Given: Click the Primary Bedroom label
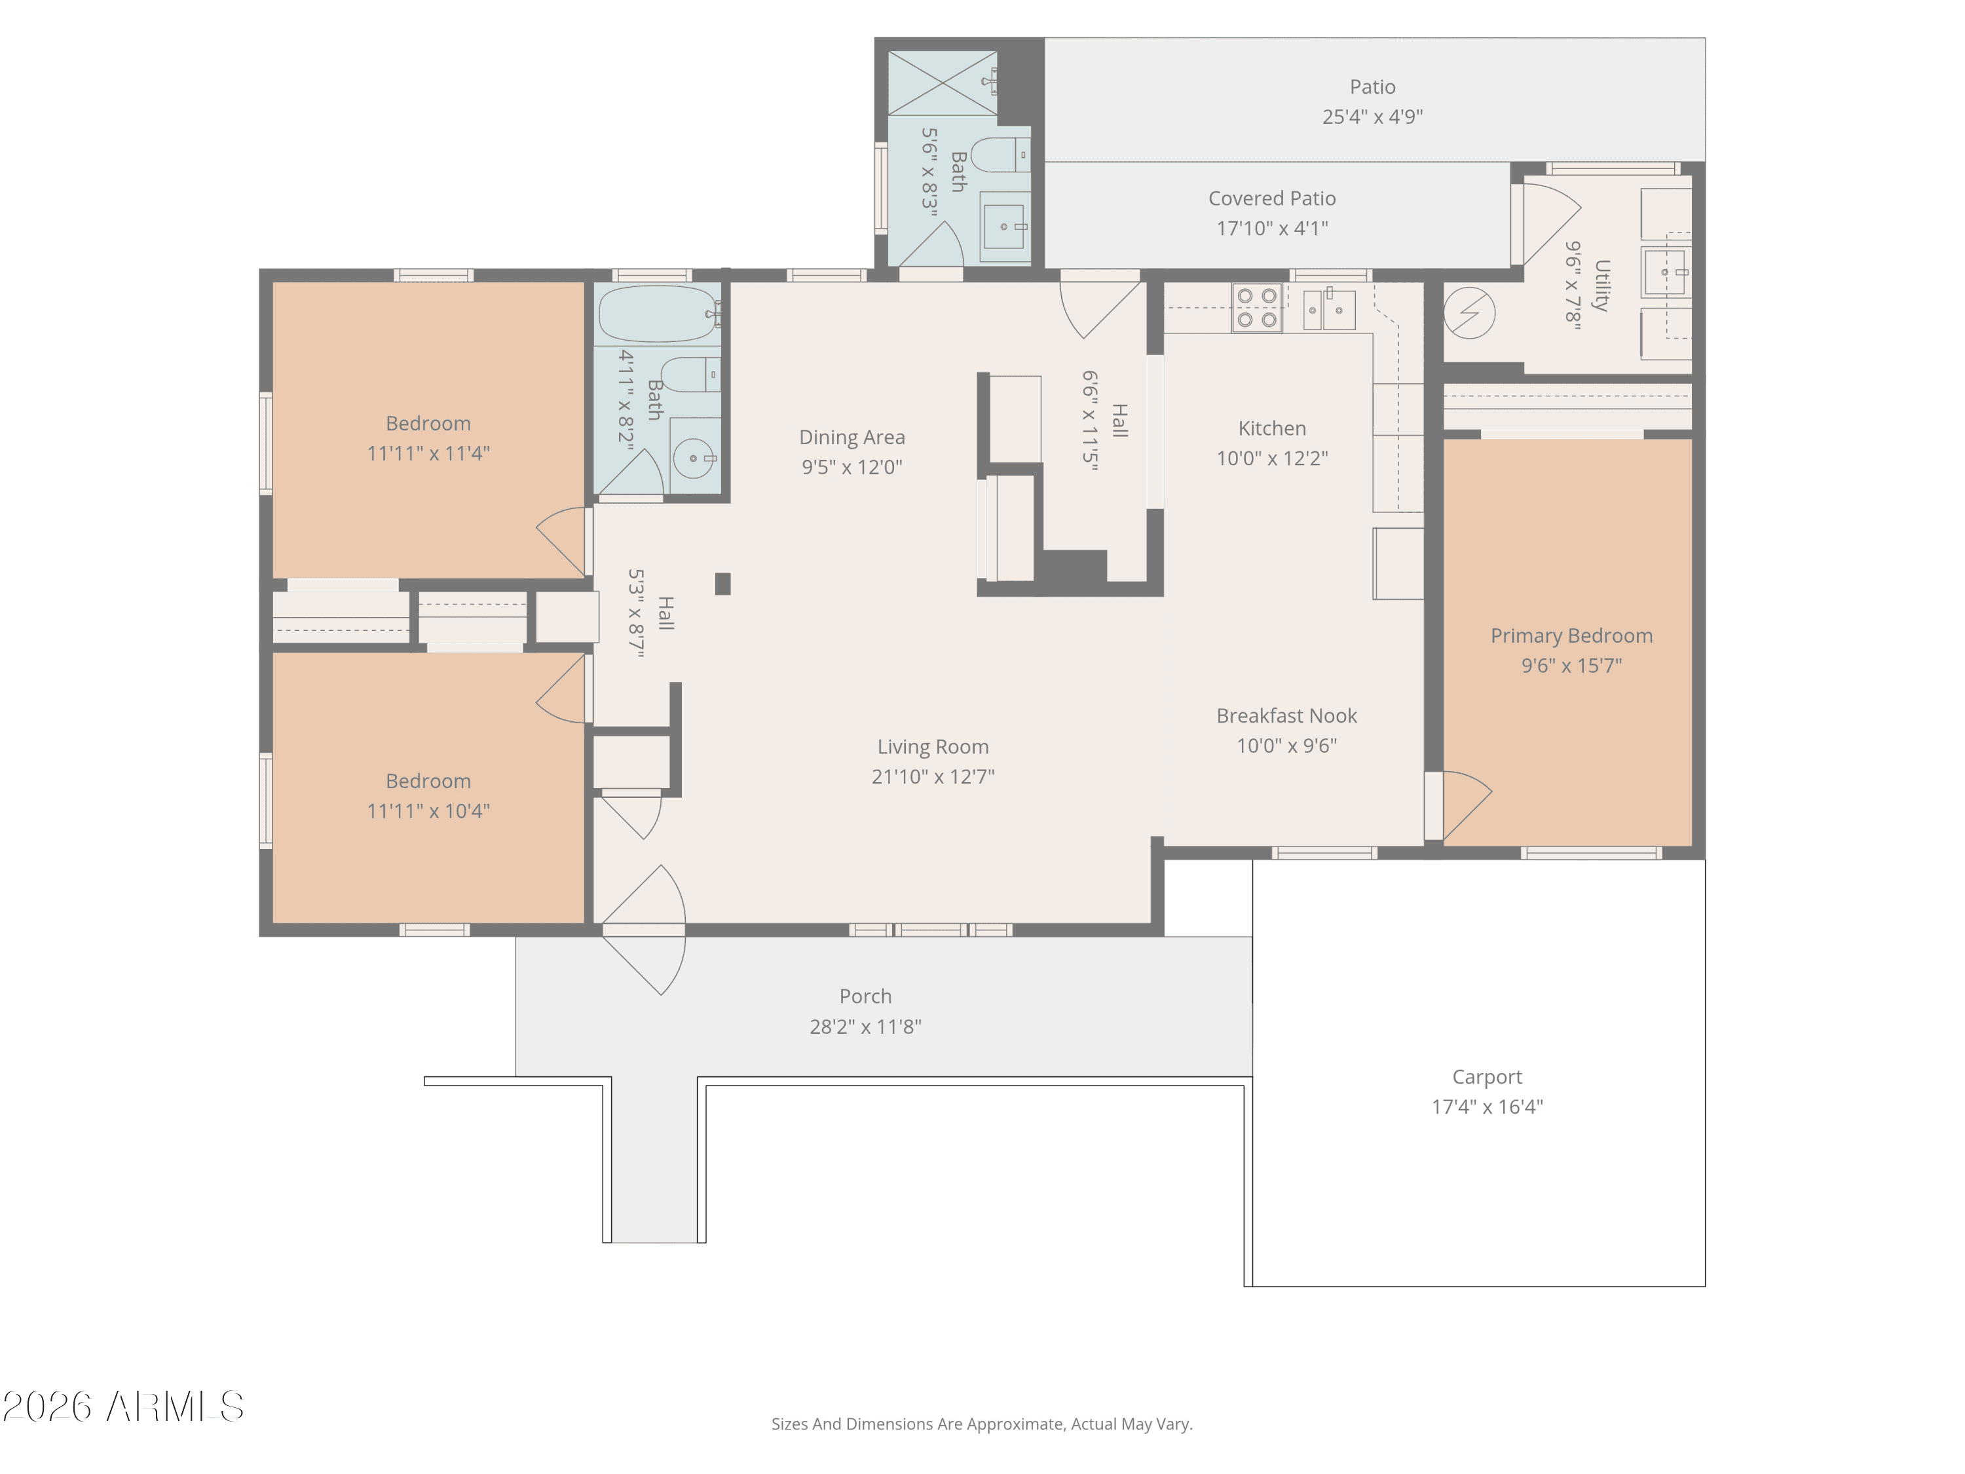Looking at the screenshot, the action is pyautogui.click(x=1571, y=635).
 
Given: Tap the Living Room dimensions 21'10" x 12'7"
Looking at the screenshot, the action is pyautogui.click(x=933, y=776).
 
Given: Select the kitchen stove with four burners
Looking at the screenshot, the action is pyautogui.click(x=1256, y=307).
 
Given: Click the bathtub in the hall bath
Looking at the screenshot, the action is pyautogui.click(x=658, y=314).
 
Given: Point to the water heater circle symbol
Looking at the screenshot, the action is pyautogui.click(x=1469, y=312).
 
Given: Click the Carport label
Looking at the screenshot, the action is pyautogui.click(x=1487, y=1077).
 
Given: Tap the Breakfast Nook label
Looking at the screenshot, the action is pyautogui.click(x=1286, y=715).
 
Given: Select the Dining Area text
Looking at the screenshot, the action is pyautogui.click(x=852, y=437).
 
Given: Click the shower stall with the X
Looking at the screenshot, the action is pyautogui.click(x=943, y=83).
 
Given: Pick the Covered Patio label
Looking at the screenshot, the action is pyautogui.click(x=1272, y=198).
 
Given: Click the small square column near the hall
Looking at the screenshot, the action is pyautogui.click(x=723, y=584).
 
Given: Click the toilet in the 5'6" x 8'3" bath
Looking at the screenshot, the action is pyautogui.click(x=1000, y=155).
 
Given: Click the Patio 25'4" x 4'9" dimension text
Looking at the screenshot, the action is pyautogui.click(x=1372, y=117).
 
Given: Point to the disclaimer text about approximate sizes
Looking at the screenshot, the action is pyautogui.click(x=982, y=1424).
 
